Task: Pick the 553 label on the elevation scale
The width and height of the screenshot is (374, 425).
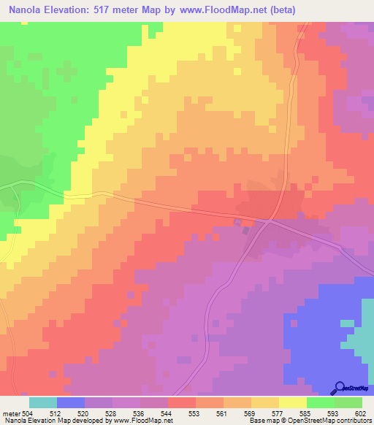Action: click(195, 413)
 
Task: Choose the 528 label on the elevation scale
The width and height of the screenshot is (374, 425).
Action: click(112, 413)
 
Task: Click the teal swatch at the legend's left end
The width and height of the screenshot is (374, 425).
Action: click(43, 402)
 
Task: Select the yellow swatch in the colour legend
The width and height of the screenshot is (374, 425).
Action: click(293, 402)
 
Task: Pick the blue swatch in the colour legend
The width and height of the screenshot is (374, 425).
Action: click(71, 402)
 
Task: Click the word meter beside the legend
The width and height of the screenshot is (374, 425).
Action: click(10, 413)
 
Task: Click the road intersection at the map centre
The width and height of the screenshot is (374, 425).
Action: click(270, 218)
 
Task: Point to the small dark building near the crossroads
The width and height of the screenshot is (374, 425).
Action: click(246, 230)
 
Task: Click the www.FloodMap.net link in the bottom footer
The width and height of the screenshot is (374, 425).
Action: click(143, 421)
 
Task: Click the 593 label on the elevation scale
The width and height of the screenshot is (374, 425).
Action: click(334, 413)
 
